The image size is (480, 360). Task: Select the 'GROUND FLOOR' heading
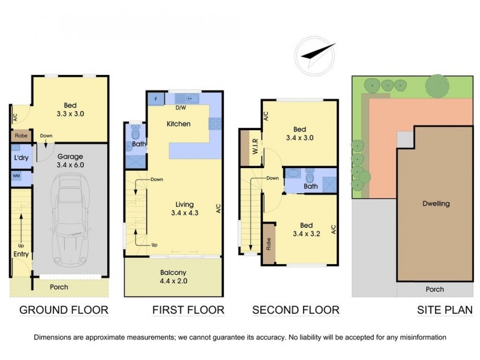(64, 310)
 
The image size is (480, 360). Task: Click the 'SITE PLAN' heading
(445, 310)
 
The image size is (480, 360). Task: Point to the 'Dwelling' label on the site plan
(436, 203)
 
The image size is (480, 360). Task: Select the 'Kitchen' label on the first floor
(178, 124)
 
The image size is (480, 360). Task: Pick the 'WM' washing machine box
(16, 176)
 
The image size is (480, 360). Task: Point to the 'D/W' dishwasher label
(179, 109)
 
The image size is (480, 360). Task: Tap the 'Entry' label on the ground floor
(21, 254)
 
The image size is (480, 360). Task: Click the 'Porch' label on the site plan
(434, 289)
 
